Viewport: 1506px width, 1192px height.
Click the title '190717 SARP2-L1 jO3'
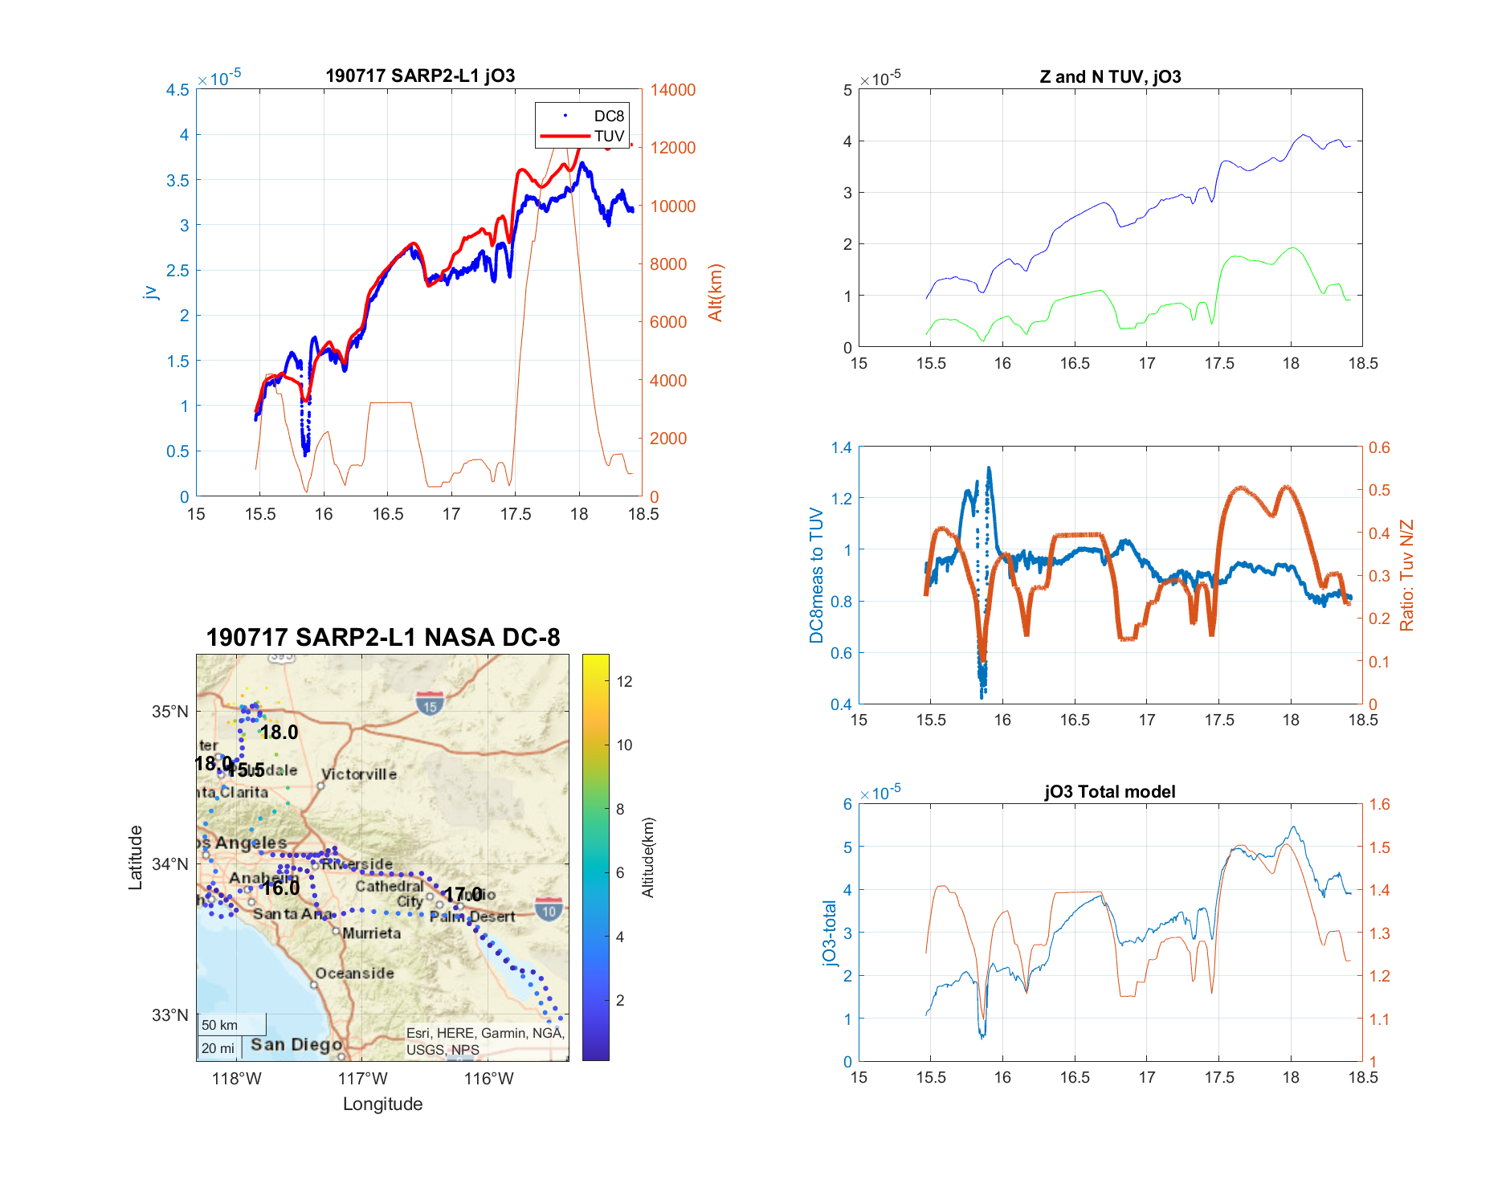[x=420, y=76]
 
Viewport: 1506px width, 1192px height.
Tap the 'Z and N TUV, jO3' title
[x=1110, y=77]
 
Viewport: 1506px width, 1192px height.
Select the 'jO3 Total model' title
[x=1110, y=792]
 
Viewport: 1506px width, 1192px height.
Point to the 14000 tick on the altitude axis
[x=673, y=90]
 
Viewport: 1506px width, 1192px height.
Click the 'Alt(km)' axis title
[x=715, y=292]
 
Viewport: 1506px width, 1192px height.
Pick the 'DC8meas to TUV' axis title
[x=817, y=575]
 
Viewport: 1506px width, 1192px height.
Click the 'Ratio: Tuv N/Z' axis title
[x=1406, y=575]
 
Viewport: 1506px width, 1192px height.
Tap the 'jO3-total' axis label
[x=830, y=933]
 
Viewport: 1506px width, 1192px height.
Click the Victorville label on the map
[x=359, y=774]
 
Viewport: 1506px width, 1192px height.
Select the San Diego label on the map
[x=296, y=1044]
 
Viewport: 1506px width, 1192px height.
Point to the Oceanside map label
[x=354, y=974]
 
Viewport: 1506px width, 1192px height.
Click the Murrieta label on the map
[x=371, y=933]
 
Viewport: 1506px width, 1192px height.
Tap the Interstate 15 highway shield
[x=430, y=704]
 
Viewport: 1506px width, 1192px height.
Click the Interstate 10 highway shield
[x=549, y=909]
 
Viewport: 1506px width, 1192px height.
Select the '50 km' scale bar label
[x=219, y=1025]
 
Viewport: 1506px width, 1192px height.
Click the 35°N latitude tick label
[x=170, y=712]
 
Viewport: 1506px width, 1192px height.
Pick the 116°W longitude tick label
[x=488, y=1079]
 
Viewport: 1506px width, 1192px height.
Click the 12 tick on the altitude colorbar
[x=624, y=682]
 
